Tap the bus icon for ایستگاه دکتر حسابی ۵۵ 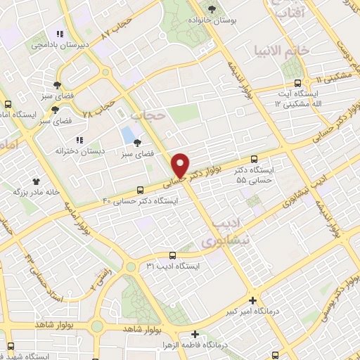click(254, 160)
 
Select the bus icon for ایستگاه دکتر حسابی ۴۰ click(141, 190)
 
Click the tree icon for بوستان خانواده click(213, 8)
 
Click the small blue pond click(128, 134)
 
